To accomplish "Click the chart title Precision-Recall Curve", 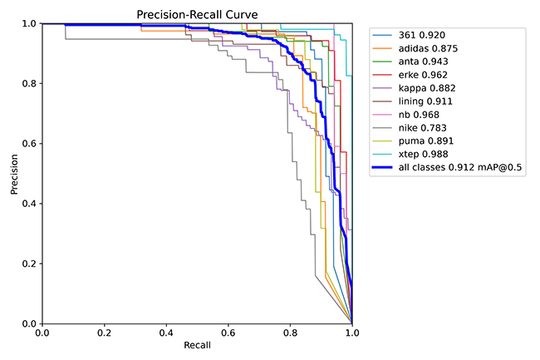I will pyautogui.click(x=197, y=14).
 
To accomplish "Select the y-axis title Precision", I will pyautogui.click(x=15, y=174).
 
